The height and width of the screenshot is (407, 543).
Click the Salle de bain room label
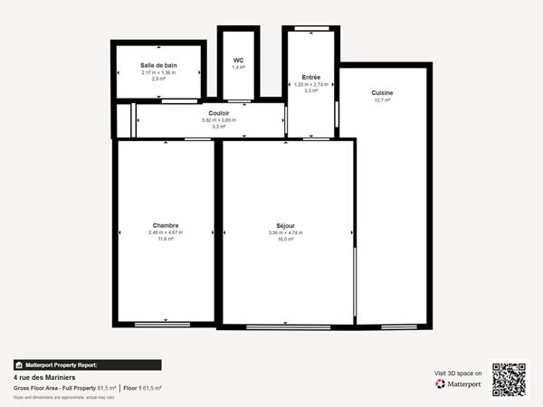[x=158, y=65]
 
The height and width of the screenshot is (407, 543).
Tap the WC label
[x=239, y=60]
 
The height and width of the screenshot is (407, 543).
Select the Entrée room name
[x=310, y=77]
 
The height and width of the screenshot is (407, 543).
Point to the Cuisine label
[x=382, y=92]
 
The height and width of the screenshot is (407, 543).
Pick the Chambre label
[x=166, y=225]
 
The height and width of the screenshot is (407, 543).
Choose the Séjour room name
[x=286, y=225]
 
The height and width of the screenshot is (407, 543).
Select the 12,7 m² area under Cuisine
[x=382, y=100]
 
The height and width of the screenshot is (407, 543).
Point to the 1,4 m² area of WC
[x=239, y=68]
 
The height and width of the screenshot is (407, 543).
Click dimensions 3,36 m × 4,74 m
[x=286, y=232]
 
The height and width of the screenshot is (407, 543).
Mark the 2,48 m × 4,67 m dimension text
[x=166, y=232]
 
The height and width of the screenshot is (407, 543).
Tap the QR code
[x=509, y=379]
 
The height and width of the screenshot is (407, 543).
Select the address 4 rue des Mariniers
[x=44, y=377]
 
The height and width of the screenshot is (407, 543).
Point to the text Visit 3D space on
[x=458, y=372]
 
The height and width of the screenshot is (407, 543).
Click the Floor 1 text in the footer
[x=134, y=387]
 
